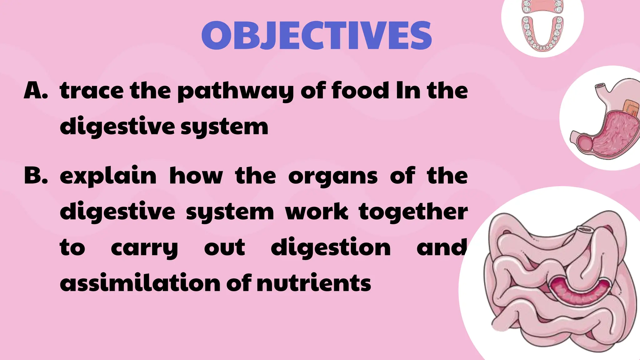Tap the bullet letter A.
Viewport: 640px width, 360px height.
tap(36, 91)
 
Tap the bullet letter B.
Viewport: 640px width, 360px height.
tap(36, 176)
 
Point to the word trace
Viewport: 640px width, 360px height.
tap(92, 91)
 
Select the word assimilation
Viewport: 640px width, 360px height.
tap(140, 283)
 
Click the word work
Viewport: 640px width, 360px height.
tap(316, 212)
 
